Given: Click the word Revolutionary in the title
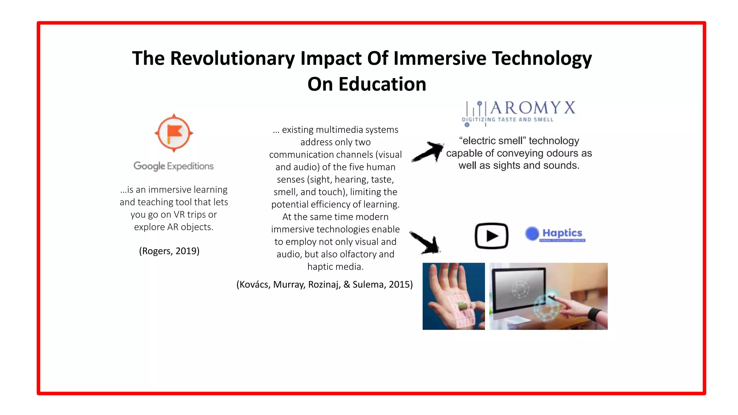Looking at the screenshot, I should point(232,58).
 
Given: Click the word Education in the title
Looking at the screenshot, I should point(382,84).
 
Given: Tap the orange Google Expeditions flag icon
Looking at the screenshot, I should point(174,133).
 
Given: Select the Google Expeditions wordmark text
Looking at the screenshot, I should point(174,166).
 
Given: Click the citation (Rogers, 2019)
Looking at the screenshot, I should point(169,251).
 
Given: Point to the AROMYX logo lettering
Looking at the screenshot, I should point(532,108).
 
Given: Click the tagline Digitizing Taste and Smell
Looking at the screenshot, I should point(508,120).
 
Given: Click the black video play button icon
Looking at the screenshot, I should point(492,236).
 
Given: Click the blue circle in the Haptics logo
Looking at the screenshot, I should point(532,233).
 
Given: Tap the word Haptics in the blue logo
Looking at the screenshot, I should point(562,233).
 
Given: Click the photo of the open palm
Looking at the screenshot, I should point(453,296).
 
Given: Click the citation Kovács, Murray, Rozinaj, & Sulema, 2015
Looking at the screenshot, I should point(325,285).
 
